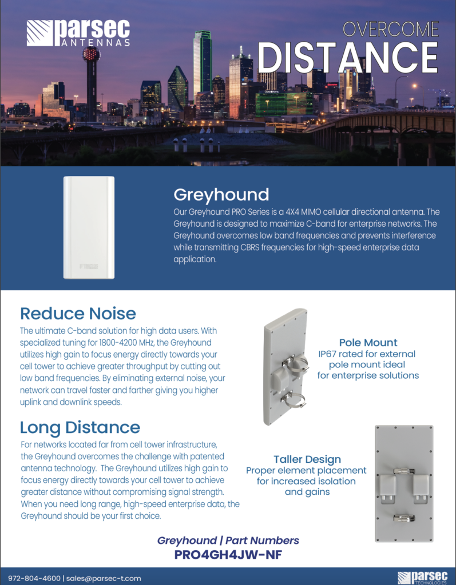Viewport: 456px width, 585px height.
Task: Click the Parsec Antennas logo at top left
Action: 78,33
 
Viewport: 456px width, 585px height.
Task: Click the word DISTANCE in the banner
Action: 347,58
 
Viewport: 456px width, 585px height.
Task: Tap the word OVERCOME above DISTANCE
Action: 390,29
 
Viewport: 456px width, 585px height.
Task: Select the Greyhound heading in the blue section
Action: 221,195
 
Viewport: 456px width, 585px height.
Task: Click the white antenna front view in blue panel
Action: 89,227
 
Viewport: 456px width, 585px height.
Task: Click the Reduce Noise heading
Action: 78,313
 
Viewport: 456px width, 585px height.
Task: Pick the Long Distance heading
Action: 80,427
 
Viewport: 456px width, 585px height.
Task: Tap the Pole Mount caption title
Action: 368,343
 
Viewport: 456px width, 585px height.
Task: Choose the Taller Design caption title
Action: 307,459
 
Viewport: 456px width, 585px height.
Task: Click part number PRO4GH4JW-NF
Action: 228,554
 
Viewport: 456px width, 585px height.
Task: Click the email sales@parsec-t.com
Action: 104,578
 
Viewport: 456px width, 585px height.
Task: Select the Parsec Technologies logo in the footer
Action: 422,578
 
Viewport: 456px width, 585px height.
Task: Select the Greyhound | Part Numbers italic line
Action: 228,540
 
